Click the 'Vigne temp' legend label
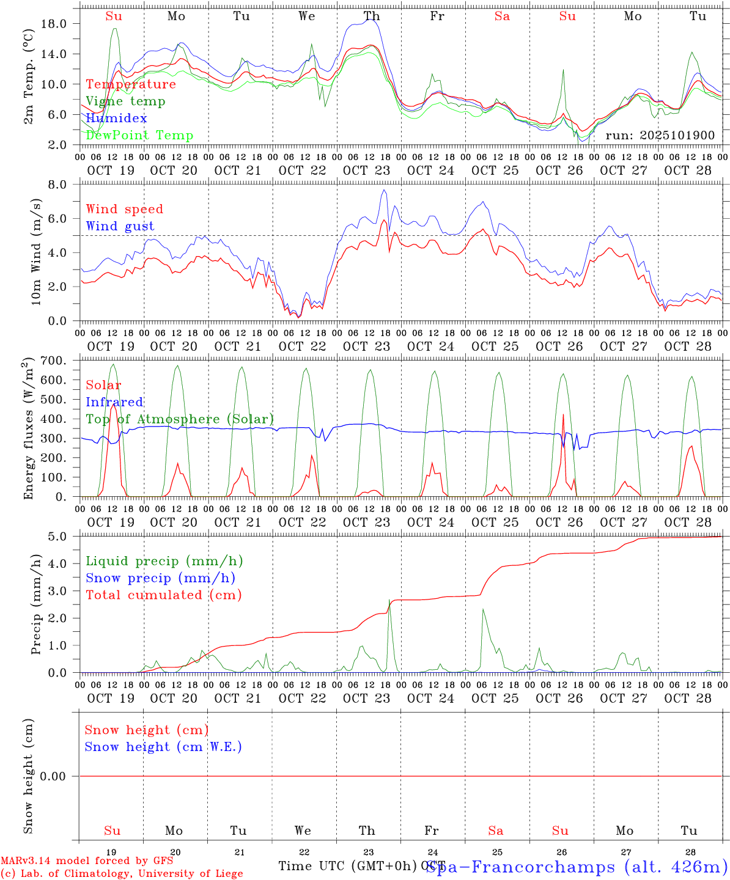(125, 101)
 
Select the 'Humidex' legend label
(116, 119)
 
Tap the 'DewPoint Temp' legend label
(139, 136)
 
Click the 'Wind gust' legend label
(120, 226)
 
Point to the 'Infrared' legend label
(114, 402)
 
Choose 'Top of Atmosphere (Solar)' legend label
(180, 419)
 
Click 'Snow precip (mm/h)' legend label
(160, 578)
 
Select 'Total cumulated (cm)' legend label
(163, 595)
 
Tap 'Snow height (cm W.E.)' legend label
(163, 747)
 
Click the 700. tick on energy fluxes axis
(53, 361)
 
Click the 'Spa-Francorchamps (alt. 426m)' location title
(577, 867)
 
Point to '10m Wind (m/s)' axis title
(36, 252)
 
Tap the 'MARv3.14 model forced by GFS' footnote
(86, 861)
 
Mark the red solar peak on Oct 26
(563, 416)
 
